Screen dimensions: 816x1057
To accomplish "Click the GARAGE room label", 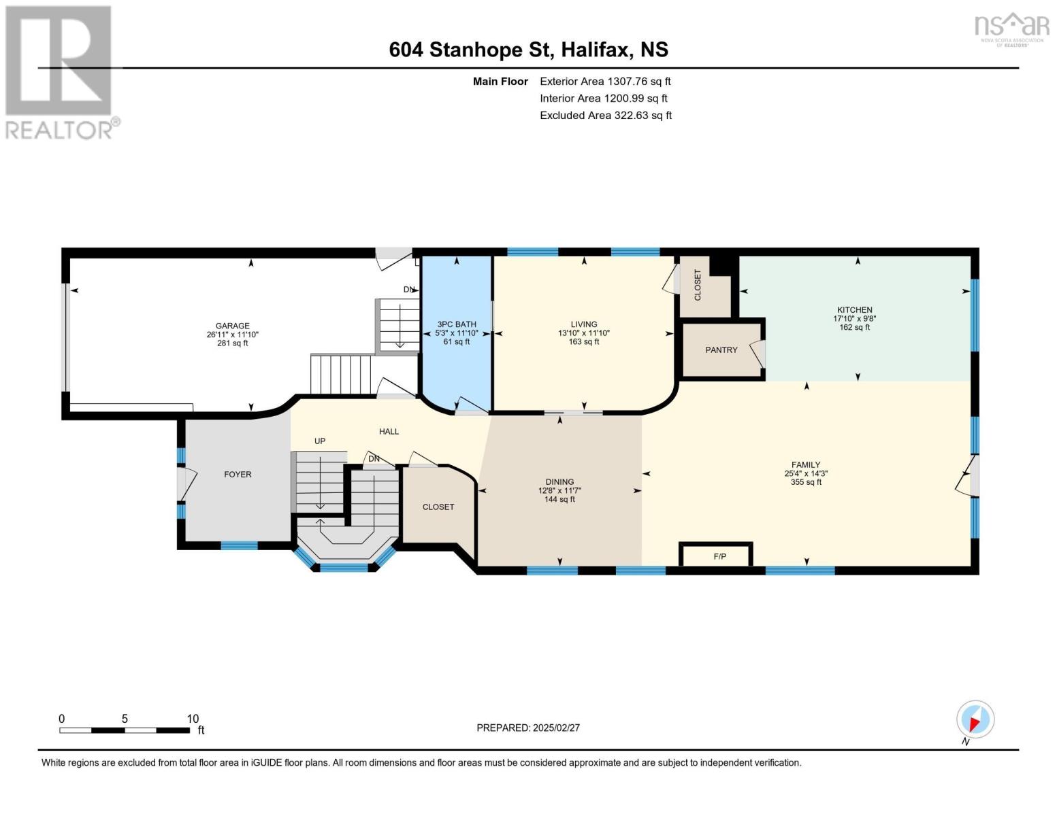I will pos(233,326).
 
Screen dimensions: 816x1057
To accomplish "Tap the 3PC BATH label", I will pos(457,324).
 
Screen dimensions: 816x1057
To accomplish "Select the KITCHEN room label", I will pos(854,310).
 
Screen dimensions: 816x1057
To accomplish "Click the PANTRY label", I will pos(721,350).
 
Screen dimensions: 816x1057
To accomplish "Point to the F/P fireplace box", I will pos(717,555).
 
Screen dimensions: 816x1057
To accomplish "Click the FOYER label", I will pos(238,475).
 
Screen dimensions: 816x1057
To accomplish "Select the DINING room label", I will pos(559,481).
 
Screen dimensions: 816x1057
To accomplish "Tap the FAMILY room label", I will pos(806,465).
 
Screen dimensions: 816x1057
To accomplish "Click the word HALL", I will pos(389,431).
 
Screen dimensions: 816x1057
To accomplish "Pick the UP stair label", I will pos(320,441).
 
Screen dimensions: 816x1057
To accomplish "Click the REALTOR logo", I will pos(60,71).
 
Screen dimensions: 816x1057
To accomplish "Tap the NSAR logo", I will pos(1012,29).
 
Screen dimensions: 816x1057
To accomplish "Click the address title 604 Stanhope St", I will pos(528,50).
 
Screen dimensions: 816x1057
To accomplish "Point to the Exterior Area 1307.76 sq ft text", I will pos(605,82).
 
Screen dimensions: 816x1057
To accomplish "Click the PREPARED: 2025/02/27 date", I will pos(528,728).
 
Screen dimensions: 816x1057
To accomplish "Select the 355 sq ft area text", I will pos(806,482).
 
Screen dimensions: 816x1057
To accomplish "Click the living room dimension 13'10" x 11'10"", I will pos(584,333).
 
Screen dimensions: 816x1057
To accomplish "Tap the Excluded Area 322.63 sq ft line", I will pos(606,116).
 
